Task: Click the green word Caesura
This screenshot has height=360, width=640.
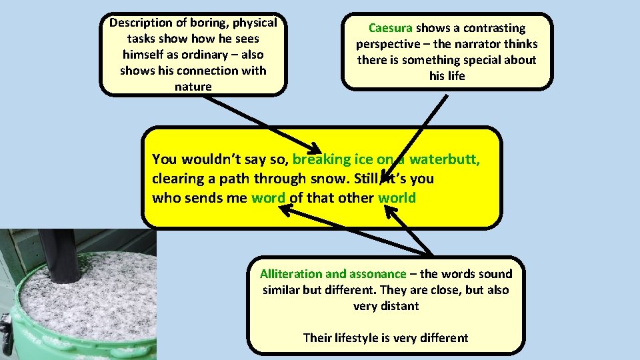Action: [391, 28]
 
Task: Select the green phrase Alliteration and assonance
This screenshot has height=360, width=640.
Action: [333, 274]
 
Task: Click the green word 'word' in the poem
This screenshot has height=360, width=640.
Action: [268, 198]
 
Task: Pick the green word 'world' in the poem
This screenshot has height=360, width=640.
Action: [397, 198]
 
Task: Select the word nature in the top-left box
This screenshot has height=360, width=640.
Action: [193, 87]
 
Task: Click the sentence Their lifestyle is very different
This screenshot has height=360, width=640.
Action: [385, 338]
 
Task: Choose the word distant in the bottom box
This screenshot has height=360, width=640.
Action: [397, 306]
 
